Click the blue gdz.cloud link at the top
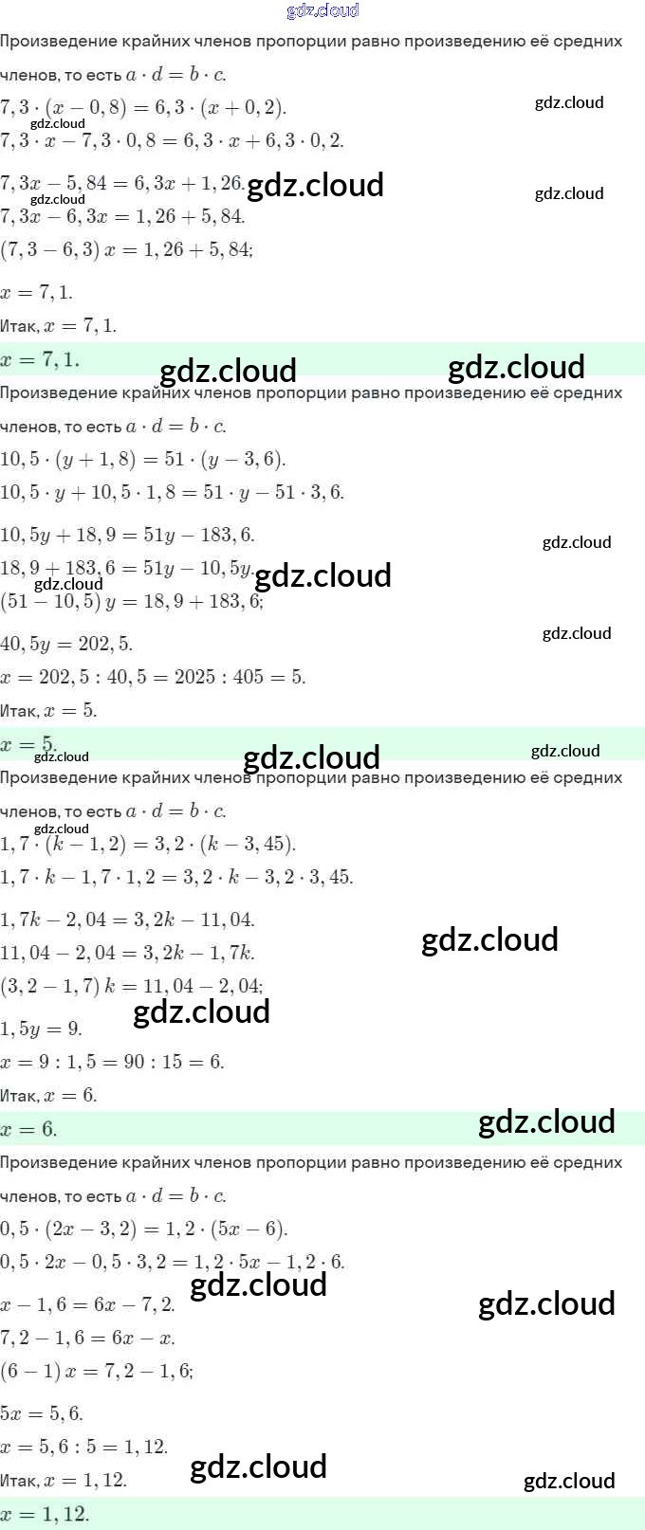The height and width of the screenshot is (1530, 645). point(322,10)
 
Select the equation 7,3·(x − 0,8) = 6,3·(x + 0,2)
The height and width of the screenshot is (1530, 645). point(143,106)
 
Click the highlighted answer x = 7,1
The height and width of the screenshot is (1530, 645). point(40,359)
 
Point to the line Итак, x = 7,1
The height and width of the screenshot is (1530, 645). point(59,326)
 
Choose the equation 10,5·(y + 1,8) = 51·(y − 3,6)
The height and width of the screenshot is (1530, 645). point(142,459)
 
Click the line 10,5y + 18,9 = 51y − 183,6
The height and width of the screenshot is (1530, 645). point(127,535)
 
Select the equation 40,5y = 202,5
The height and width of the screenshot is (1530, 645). point(66,644)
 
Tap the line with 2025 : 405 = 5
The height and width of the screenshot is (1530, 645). point(153,677)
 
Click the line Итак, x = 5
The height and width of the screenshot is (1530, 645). point(48,711)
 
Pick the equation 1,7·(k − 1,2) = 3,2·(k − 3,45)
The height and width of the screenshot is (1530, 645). point(148,844)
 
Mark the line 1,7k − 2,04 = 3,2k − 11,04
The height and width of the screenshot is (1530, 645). point(127,920)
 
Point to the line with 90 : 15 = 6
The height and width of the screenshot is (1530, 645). point(112,1062)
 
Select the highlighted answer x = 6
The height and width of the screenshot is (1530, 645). point(28,1129)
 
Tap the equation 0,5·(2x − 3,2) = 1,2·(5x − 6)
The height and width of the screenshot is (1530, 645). point(143,1229)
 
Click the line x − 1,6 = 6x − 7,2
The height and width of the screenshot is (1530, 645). point(87,1304)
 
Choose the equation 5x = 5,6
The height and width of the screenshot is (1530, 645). point(42,1413)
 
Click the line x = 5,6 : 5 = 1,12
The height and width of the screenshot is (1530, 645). point(83,1447)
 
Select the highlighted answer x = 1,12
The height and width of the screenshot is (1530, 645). point(45,1514)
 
